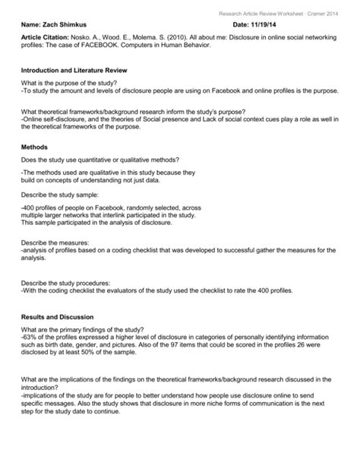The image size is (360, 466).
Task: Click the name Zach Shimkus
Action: click(x=73, y=25)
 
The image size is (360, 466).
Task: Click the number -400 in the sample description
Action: click(x=31, y=208)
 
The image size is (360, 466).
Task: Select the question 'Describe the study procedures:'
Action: click(x=71, y=280)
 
